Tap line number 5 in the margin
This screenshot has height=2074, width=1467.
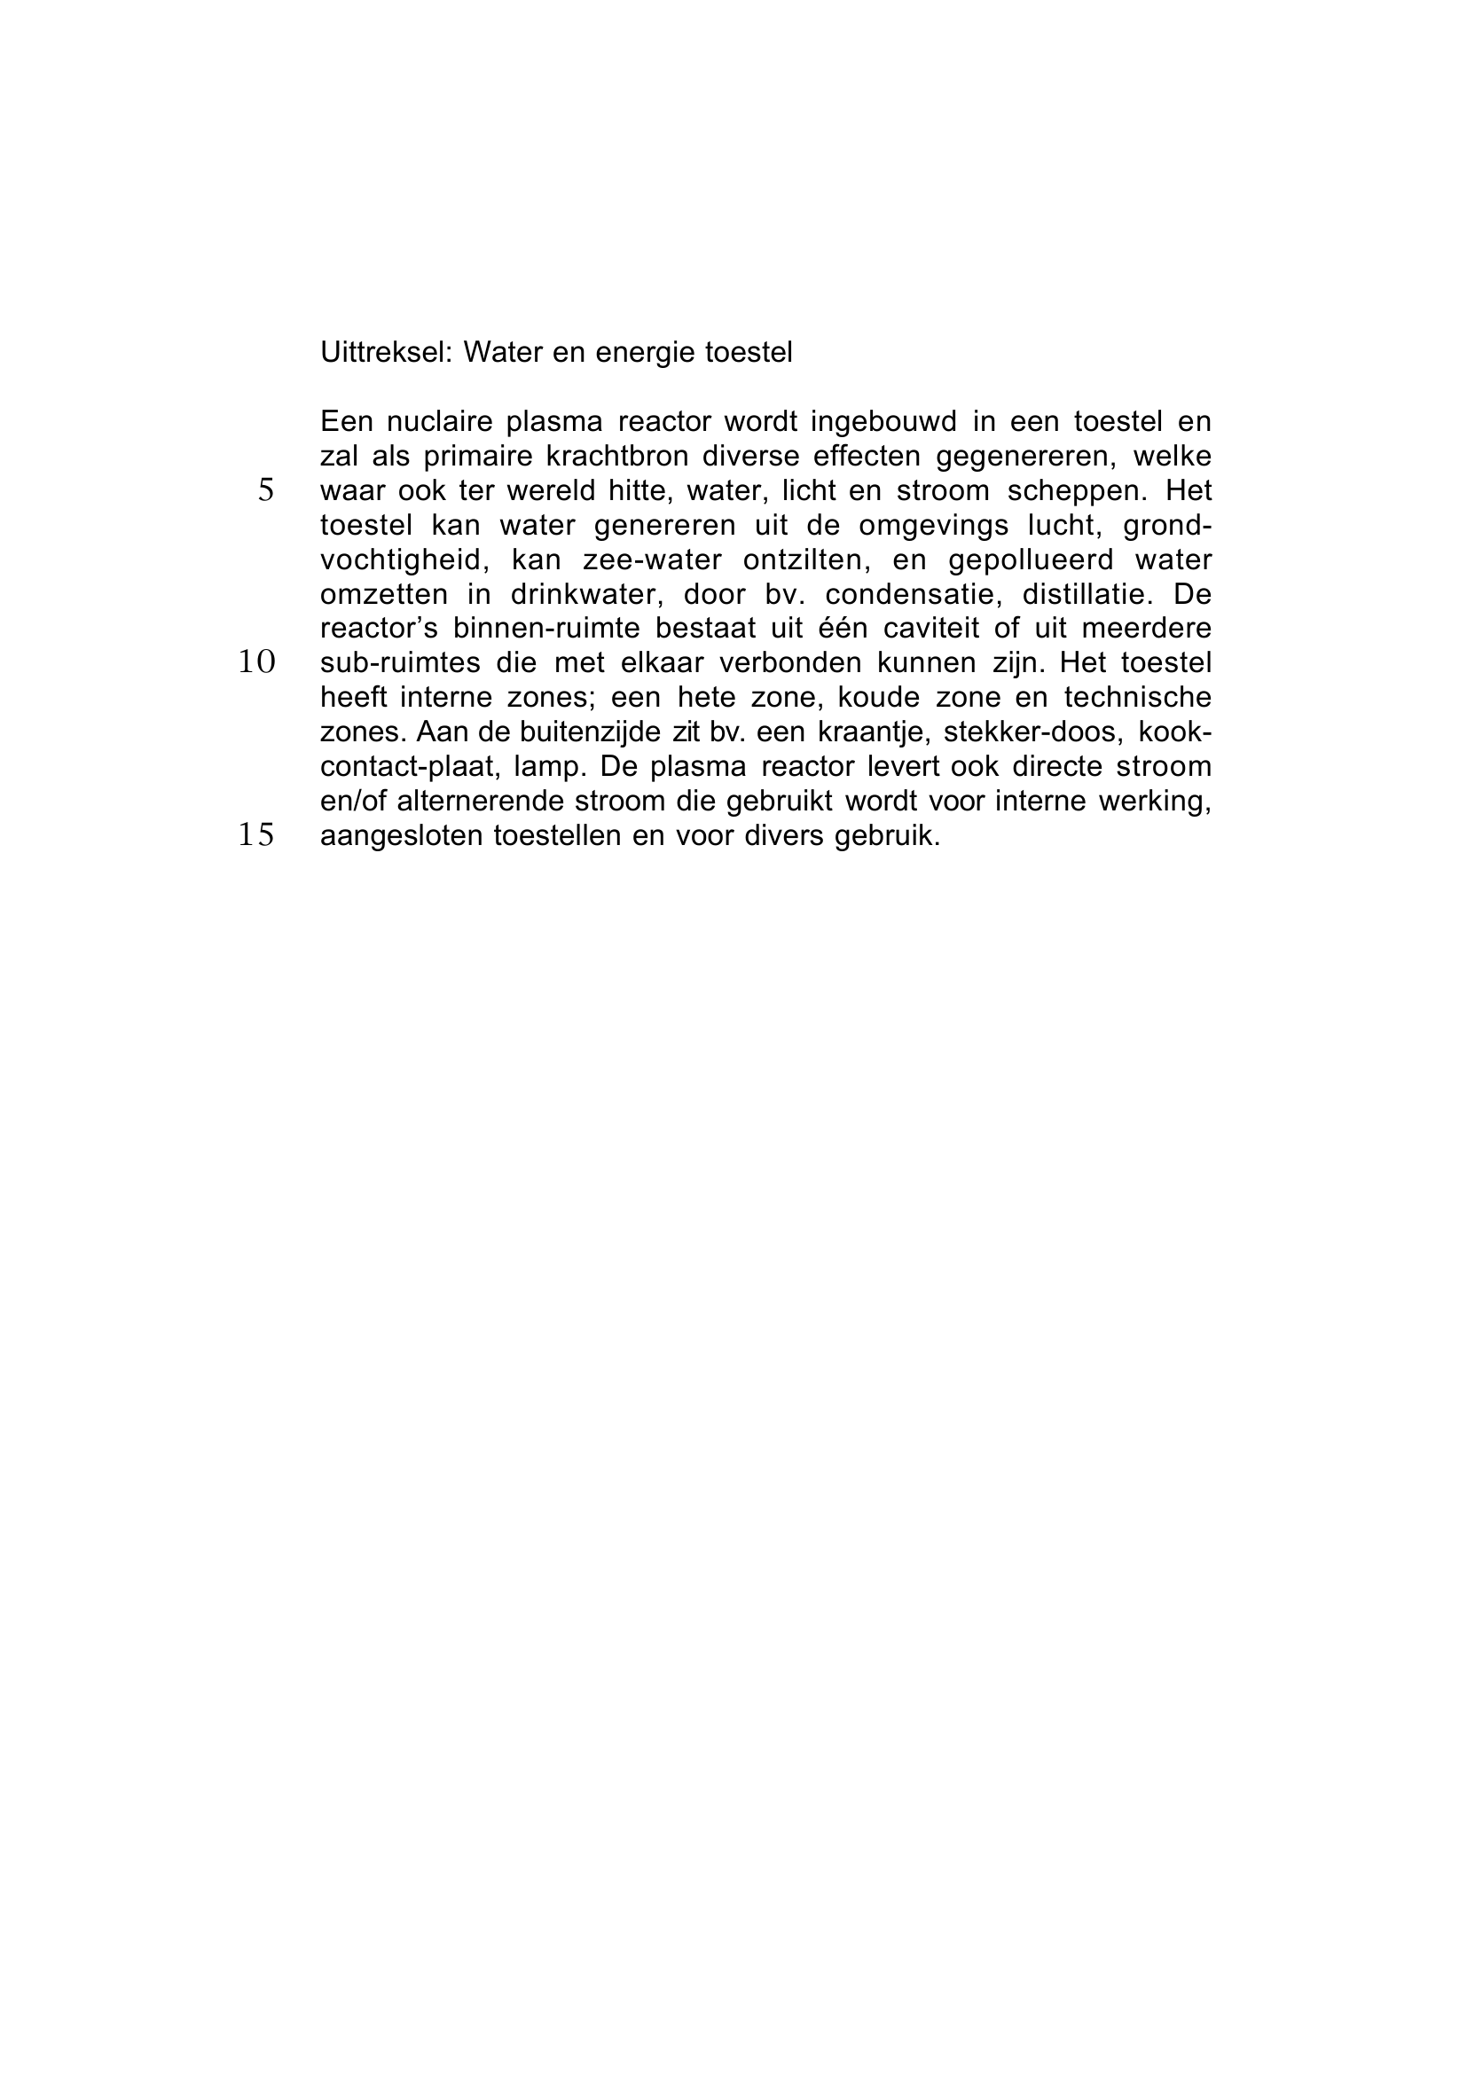click(x=265, y=490)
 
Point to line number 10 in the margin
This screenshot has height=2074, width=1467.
click(x=256, y=662)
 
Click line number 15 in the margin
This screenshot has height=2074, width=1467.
click(x=256, y=834)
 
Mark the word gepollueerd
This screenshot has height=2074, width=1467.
click(x=1031, y=560)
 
